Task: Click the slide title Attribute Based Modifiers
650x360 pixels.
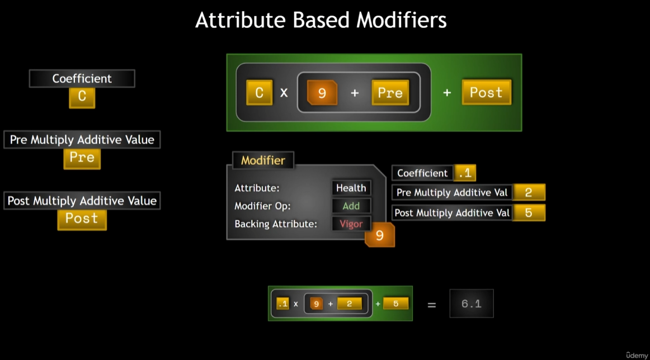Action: coord(321,21)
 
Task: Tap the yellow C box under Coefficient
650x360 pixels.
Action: coord(82,97)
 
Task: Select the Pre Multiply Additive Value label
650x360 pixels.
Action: coord(82,140)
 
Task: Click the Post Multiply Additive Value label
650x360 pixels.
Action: coord(82,201)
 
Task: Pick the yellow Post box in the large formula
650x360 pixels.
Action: coord(486,93)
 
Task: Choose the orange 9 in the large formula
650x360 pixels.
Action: coord(322,93)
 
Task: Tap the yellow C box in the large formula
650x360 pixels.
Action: coord(259,93)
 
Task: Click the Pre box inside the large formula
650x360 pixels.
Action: coord(390,93)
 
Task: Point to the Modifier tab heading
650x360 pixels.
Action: coord(263,160)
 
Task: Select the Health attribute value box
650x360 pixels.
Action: coord(351,188)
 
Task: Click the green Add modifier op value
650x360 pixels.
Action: coord(351,206)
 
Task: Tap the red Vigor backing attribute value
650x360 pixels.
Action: coord(351,224)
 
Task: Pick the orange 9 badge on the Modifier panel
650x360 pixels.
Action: coord(380,235)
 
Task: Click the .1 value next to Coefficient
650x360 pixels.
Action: coord(464,173)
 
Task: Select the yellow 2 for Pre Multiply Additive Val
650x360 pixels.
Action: coord(529,193)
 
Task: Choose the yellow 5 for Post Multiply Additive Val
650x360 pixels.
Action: coord(529,213)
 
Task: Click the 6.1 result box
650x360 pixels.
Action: coord(472,304)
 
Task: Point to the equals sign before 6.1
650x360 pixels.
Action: coord(431,305)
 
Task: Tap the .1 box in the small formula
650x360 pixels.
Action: coord(283,304)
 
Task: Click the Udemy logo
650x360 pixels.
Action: coord(637,354)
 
